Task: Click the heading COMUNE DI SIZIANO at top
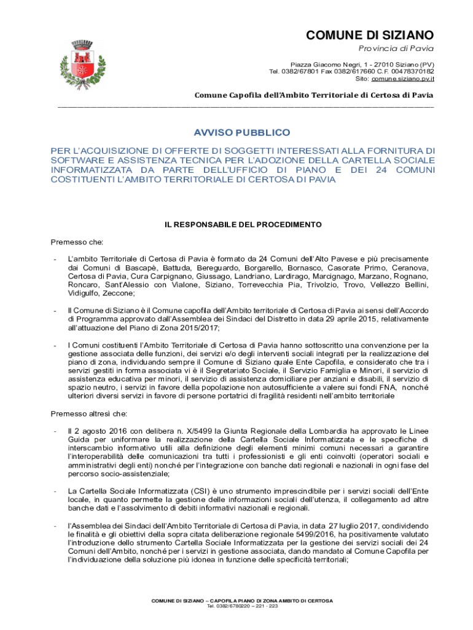pos(370,35)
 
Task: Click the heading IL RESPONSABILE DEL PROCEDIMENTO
pos(243,225)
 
